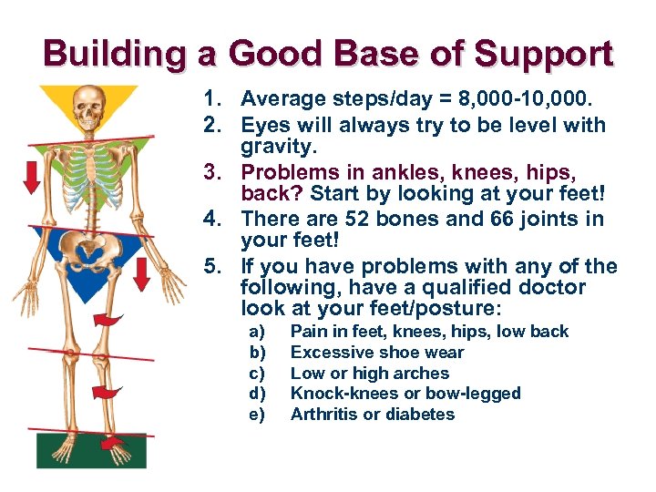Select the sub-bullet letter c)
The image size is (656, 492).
point(257,373)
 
